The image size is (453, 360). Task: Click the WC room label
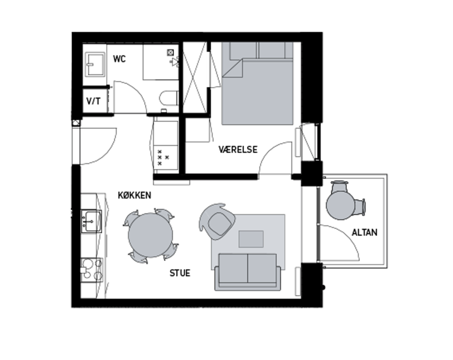pos(119,59)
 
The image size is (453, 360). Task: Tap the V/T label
pos(94,101)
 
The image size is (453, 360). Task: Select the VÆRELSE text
pos(238,150)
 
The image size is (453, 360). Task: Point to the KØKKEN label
pos(134,195)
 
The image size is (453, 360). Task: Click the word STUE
pos(180,273)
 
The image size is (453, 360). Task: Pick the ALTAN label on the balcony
pos(364,232)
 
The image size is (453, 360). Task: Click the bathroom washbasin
pos(95,64)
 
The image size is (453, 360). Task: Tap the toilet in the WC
pos(169,98)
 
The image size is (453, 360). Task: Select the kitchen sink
pos(92,222)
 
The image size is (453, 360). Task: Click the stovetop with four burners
pos(92,269)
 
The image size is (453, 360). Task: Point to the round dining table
pos(150,235)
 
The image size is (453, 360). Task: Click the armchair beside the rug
pos(217,221)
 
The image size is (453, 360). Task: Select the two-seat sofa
pos(248,272)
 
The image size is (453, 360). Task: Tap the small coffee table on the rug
pos(251,239)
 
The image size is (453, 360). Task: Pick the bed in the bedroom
pos(257,83)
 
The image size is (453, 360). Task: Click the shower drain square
pos(170,52)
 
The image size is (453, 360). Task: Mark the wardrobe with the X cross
pos(195,77)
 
